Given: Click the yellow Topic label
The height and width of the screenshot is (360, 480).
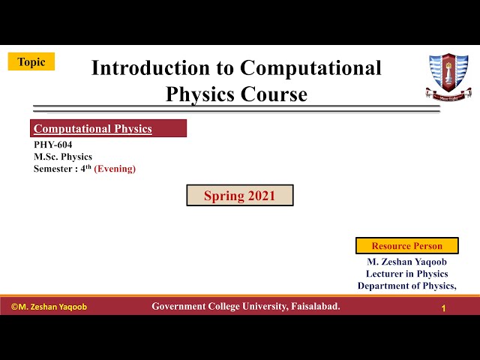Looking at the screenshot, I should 31,62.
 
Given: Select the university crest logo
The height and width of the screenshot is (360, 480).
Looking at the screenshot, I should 448,76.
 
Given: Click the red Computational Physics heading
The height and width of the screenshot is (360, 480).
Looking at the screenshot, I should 93,129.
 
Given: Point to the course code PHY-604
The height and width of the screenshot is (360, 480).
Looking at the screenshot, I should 53,145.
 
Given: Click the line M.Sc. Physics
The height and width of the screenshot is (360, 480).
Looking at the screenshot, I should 63,157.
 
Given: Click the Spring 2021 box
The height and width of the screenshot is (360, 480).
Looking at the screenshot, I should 240,196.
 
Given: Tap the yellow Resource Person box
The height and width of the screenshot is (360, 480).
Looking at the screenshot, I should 406,246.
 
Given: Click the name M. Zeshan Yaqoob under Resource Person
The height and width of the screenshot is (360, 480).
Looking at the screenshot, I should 406,262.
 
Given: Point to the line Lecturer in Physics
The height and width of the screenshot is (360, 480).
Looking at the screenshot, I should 406,274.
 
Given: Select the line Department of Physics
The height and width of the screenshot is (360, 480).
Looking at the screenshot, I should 406,286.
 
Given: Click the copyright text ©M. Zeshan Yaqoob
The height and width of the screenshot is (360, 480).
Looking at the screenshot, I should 49,307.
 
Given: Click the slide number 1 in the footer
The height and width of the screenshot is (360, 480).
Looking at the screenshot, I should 444,308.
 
